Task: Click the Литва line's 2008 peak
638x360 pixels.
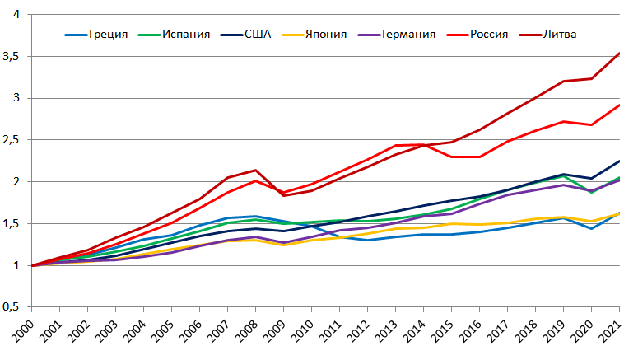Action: pos(255,170)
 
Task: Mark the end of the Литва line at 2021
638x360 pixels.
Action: pos(619,54)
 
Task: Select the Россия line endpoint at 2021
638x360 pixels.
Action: pos(619,105)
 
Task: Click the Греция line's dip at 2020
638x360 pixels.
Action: pos(592,228)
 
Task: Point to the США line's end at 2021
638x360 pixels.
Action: pos(619,161)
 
